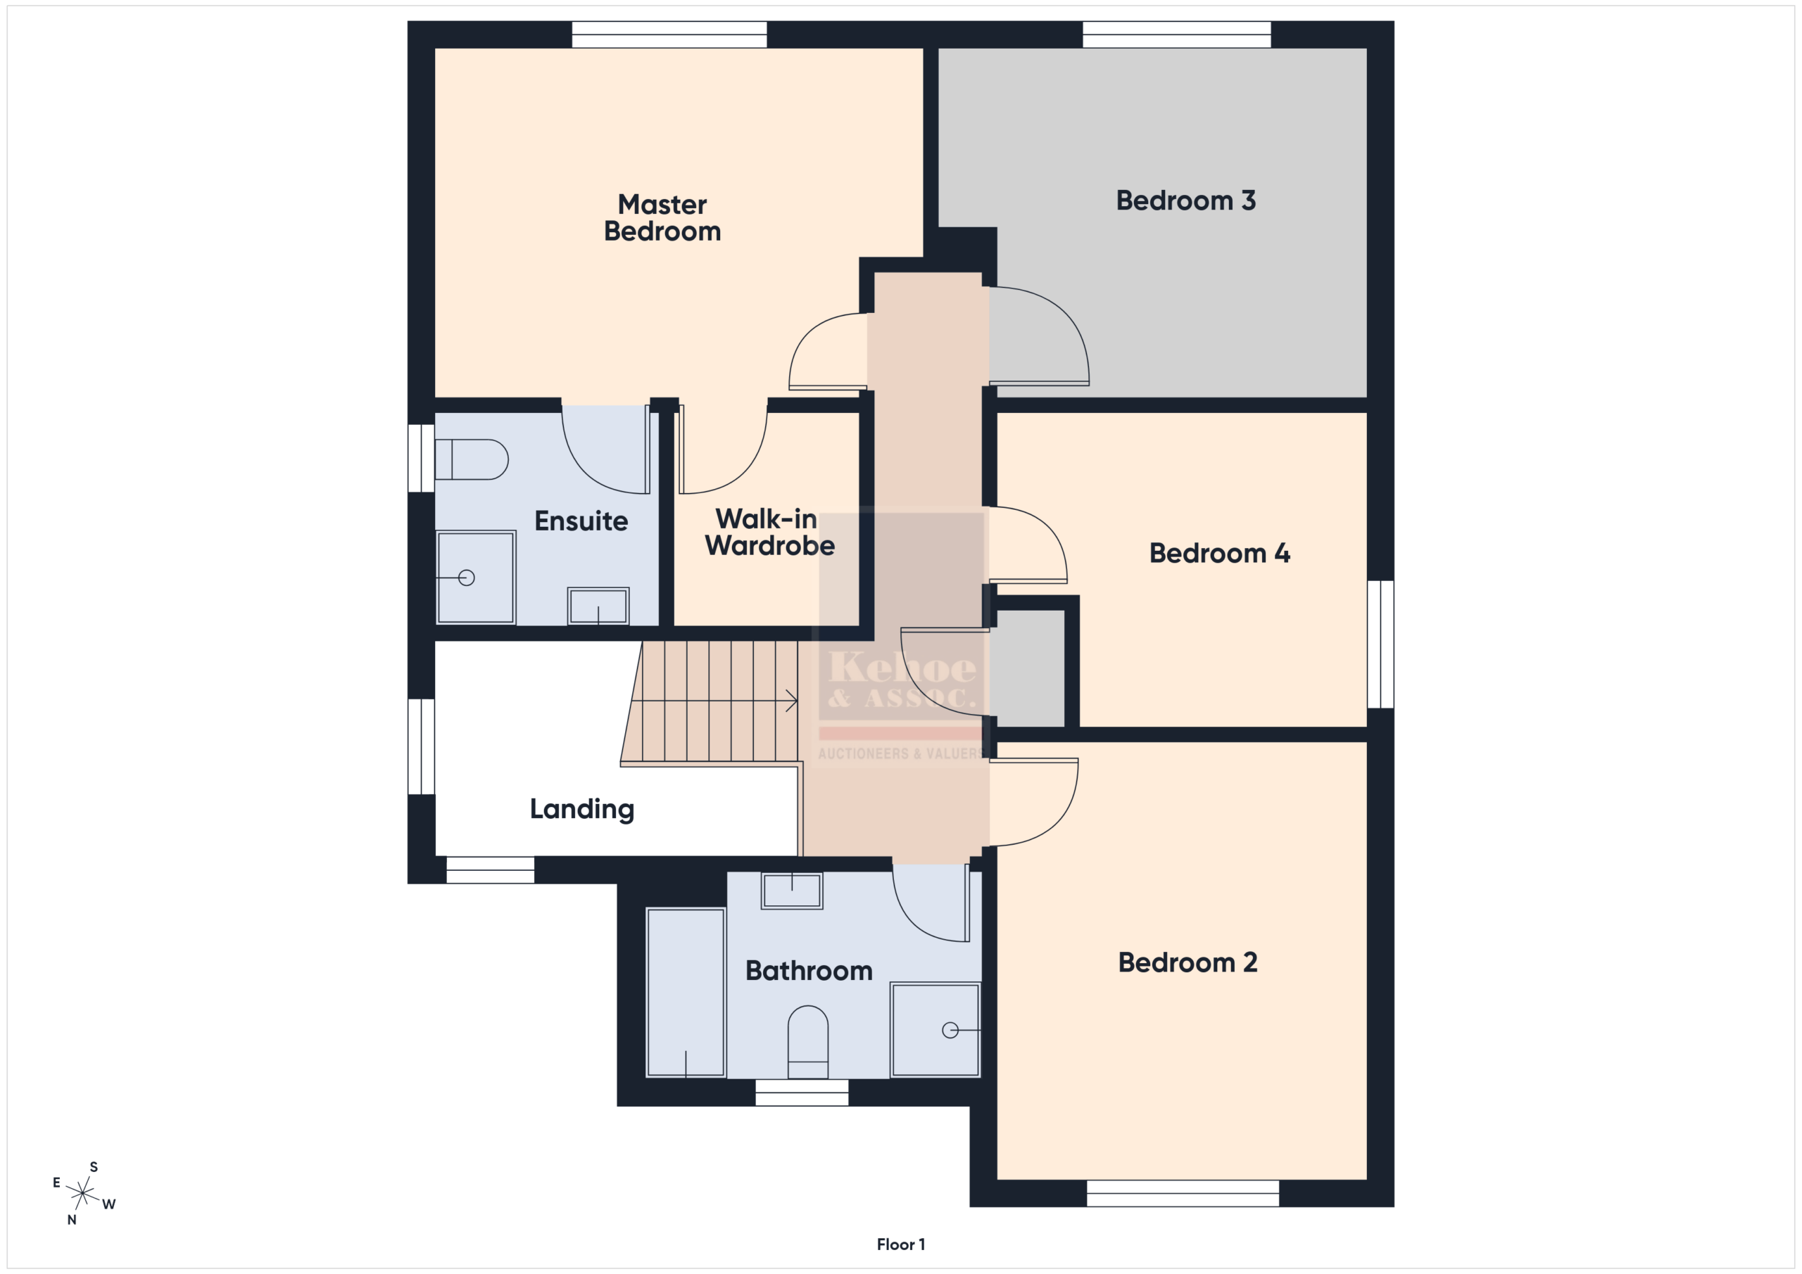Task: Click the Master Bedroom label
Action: [662, 218]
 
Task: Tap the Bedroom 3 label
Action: [1186, 200]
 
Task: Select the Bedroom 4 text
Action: [1220, 554]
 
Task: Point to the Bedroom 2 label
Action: [1187, 962]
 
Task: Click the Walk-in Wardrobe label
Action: [769, 533]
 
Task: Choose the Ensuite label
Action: [581, 521]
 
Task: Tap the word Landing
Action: [581, 810]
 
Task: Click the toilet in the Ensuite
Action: [472, 459]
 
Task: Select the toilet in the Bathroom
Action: [807, 1042]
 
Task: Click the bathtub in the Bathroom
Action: [685, 993]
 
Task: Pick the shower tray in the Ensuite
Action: [476, 578]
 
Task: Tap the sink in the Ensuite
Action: [598, 606]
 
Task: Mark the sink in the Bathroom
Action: [792, 891]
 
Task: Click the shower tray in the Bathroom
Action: [935, 1030]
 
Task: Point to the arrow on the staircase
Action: [715, 701]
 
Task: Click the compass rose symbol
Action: [82, 1193]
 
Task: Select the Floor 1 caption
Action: [901, 1244]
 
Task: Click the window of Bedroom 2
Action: [1183, 1193]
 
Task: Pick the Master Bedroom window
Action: [669, 34]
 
